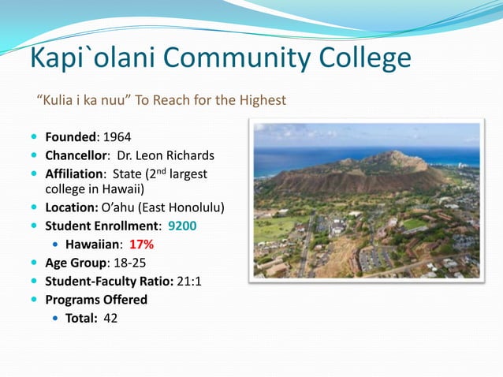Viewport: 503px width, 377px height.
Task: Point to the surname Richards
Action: pyautogui.click(x=188, y=155)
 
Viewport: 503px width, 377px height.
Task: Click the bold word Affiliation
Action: pyautogui.click(x=74, y=173)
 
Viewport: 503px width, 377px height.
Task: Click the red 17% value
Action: pyautogui.click(x=142, y=244)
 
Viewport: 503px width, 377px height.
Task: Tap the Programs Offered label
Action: pyautogui.click(x=96, y=300)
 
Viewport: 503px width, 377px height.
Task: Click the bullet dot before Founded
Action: pyautogui.click(x=34, y=136)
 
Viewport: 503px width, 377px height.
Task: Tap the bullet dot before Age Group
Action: pyautogui.click(x=34, y=263)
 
